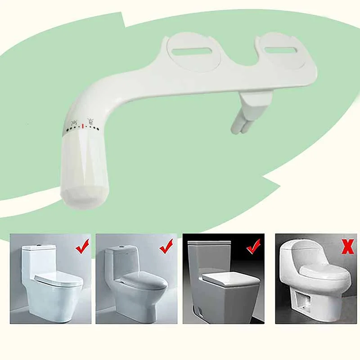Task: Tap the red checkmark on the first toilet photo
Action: pos(82,246)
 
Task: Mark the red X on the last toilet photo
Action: pos(347,247)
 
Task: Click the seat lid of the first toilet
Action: pos(59,280)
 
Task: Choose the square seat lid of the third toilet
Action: pos(230,279)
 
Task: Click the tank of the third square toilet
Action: pos(209,256)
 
